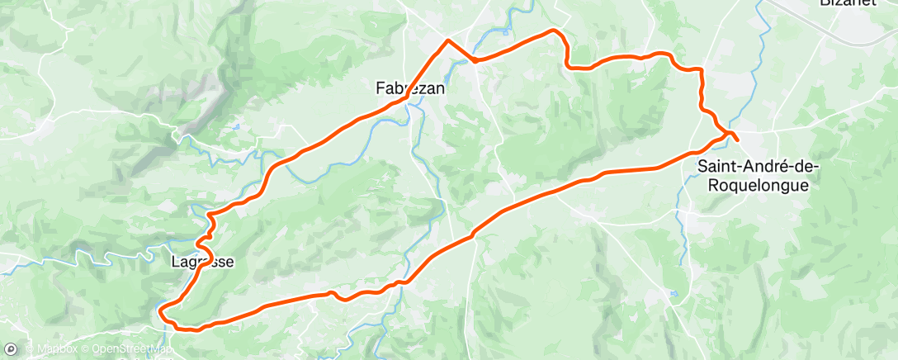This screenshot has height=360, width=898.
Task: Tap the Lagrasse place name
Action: tap(202, 263)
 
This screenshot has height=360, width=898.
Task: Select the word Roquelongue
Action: tap(759, 186)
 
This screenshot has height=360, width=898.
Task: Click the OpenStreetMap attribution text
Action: tap(131, 349)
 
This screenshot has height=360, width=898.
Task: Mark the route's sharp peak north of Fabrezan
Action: tap(447, 40)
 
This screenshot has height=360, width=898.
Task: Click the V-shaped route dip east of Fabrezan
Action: tap(475, 60)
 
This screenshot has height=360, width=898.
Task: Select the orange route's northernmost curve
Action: tap(554, 31)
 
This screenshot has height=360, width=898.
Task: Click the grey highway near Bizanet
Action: tap(825, 24)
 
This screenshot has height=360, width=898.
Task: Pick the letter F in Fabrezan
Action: tap(380, 87)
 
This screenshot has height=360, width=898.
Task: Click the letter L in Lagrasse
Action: tap(175, 263)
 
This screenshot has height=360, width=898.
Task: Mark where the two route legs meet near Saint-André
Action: tap(726, 133)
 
